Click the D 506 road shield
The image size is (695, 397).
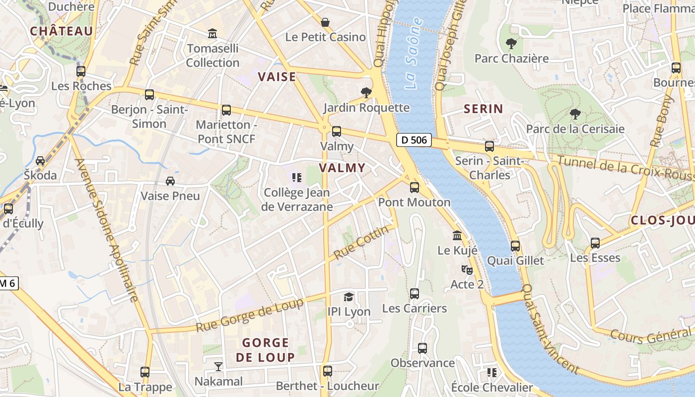[414, 140]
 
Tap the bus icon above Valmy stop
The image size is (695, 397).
[337, 132]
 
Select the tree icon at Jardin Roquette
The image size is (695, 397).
[366, 93]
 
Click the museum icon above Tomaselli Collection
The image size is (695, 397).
[213, 34]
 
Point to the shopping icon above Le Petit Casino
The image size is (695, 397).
[325, 22]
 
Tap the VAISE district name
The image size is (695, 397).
[277, 77]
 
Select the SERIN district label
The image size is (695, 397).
[483, 109]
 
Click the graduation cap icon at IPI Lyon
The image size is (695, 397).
[349, 297]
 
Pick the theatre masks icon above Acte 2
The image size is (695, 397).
[466, 269]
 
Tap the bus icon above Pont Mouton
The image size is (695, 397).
[414, 188]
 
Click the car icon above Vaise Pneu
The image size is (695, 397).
[170, 181]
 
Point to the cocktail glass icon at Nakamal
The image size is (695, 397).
[218, 367]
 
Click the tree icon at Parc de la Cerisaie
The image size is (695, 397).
[575, 114]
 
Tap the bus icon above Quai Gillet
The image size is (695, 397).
[515, 246]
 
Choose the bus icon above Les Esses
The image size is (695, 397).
[595, 243]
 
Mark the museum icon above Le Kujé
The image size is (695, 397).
[457, 236]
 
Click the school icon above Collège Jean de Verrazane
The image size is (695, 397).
[297, 177]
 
